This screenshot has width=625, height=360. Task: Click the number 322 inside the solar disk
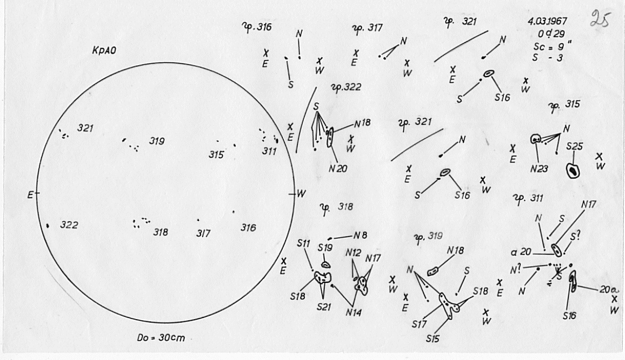click(69, 226)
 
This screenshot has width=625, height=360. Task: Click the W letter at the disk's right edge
click(300, 194)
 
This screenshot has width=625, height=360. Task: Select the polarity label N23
click(539, 168)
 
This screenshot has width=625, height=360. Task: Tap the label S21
click(324, 307)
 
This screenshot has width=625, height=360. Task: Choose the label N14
click(355, 312)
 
